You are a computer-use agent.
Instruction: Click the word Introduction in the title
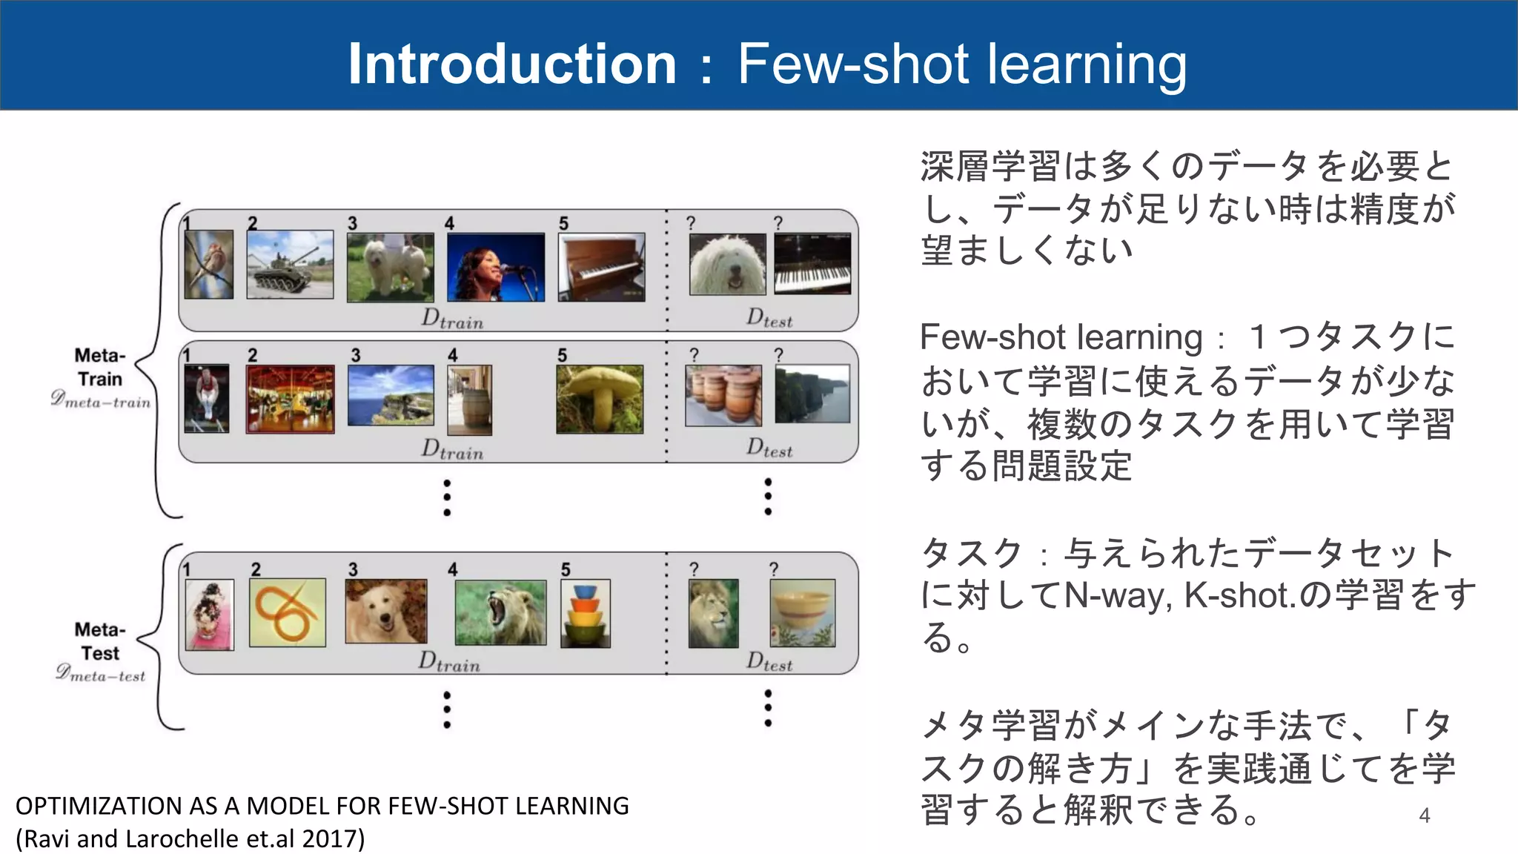511,64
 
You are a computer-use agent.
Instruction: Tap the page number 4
1424,815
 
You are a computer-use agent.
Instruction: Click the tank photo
290,265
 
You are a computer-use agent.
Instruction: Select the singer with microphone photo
496,267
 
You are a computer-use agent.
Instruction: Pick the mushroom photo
600,399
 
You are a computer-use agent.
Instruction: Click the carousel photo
290,399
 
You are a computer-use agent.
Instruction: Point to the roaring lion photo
500,612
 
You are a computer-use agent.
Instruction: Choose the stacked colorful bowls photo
586,614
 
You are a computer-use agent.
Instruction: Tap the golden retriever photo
386,611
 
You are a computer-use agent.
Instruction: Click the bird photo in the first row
208,264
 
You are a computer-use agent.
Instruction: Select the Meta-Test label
100,641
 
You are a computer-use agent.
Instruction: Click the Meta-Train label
100,367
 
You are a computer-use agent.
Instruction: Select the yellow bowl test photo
803,613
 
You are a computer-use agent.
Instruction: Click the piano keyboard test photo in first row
812,265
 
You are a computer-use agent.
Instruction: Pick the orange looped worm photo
288,612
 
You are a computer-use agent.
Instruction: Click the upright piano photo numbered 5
601,267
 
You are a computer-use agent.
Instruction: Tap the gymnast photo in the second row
207,399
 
